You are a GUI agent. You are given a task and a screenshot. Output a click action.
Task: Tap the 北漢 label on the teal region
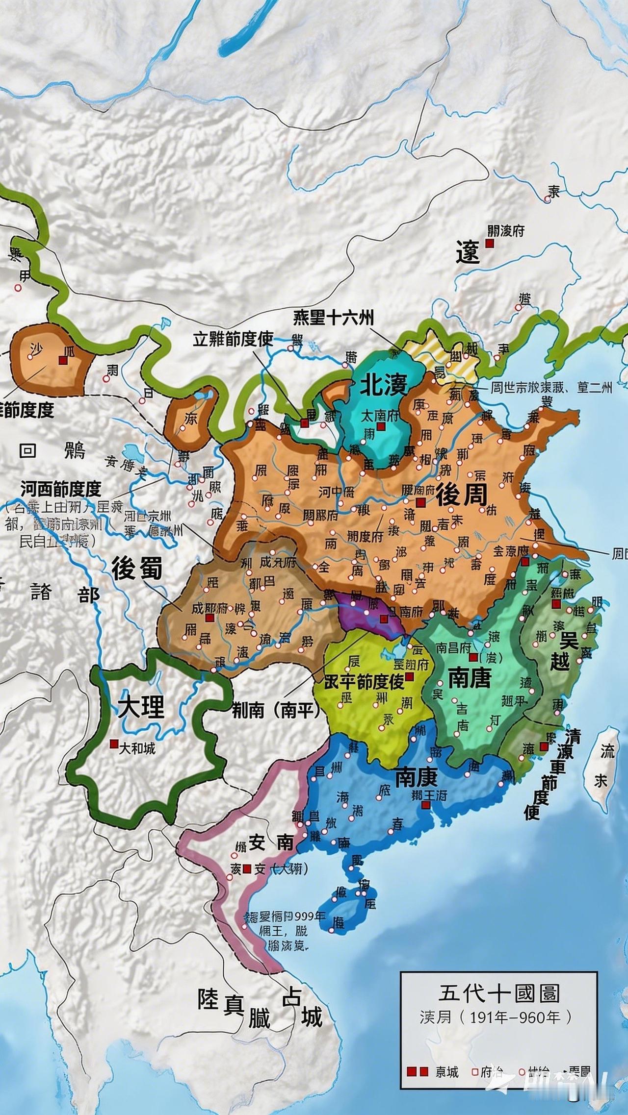(x=384, y=386)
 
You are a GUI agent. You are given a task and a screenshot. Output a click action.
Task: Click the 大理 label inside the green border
(x=142, y=707)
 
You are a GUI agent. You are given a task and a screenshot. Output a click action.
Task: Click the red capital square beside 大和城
(x=114, y=744)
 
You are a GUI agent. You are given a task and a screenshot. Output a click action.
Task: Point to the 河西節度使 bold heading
(x=61, y=488)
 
